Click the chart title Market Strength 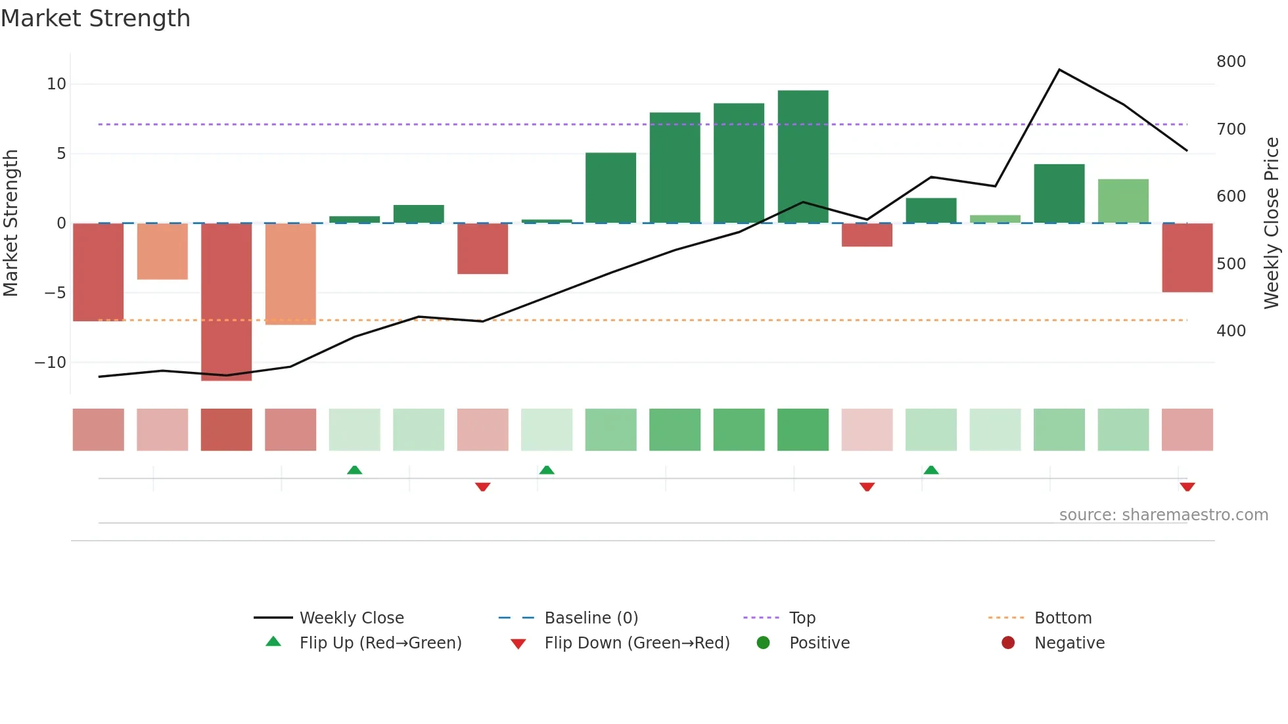pos(95,18)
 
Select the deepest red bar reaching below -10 pos(226,302)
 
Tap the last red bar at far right pos(1187,258)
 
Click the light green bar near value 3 pos(1123,201)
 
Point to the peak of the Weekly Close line pos(1059,70)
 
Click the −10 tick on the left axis pos(51,363)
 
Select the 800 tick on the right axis pos(1231,62)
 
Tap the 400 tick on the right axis pos(1231,331)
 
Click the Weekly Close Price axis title pos(1272,223)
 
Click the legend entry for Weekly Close pos(352,618)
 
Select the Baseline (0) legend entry pos(591,618)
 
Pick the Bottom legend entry pos(1063,618)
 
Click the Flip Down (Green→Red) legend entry pos(637,643)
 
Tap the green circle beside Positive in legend pos(763,643)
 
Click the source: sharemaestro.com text pos(1163,515)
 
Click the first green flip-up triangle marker pos(354,470)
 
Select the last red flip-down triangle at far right pos(1187,487)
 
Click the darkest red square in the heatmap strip pos(226,430)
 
